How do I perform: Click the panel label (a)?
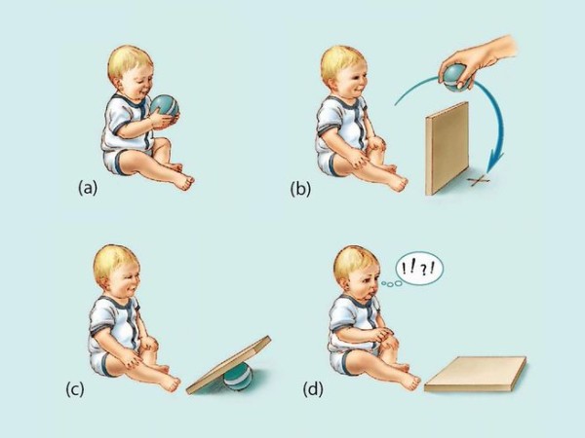[x=88, y=187]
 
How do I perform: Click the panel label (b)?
[x=300, y=189]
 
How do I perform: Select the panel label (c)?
[x=75, y=389]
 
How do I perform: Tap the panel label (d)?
[x=313, y=389]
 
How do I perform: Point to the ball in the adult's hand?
[x=454, y=78]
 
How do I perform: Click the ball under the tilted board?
[x=238, y=377]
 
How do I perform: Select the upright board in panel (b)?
[x=447, y=148]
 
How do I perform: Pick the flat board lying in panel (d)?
[x=476, y=375]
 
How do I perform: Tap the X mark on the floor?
[x=480, y=180]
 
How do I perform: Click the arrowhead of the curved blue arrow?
[x=496, y=162]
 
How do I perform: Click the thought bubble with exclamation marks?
[x=420, y=269]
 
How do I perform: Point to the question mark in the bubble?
[x=423, y=271]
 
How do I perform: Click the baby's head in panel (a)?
[x=131, y=71]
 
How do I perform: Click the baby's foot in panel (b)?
[x=397, y=183]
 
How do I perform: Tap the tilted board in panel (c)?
[x=228, y=365]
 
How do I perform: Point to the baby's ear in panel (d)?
[x=348, y=285]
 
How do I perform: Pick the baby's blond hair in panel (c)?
[x=112, y=261]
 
